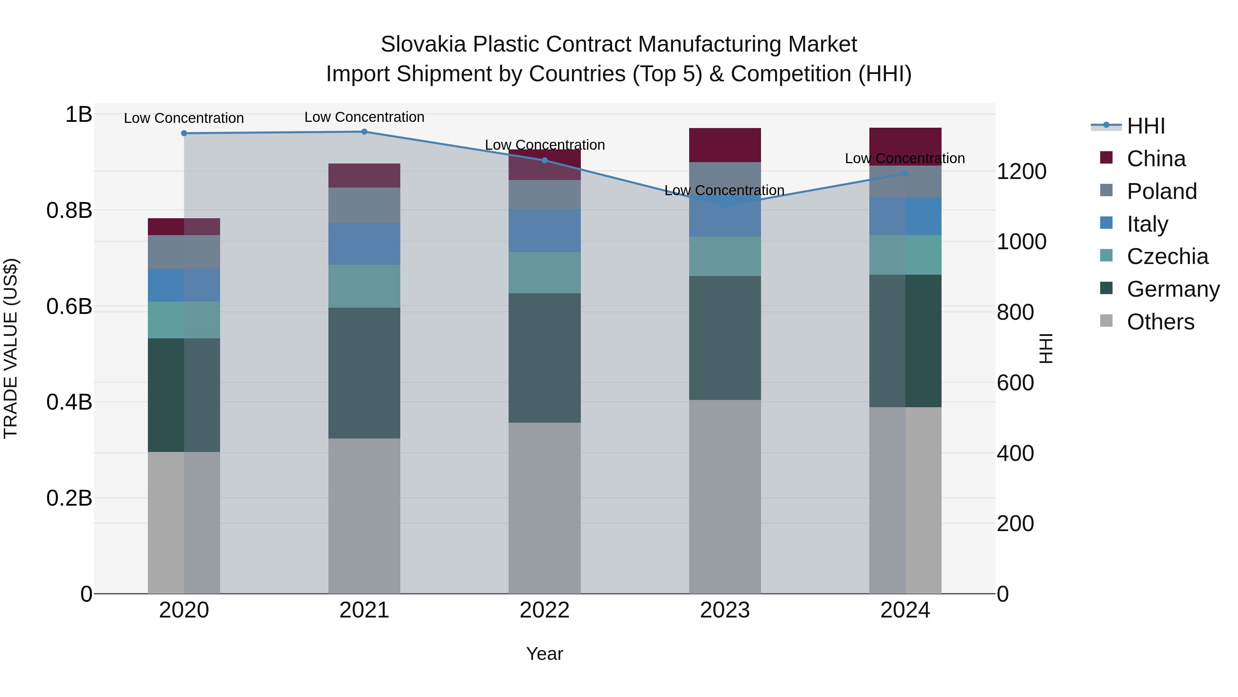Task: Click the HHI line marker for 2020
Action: (x=184, y=133)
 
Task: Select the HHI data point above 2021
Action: (x=364, y=132)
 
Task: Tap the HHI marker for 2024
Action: (x=905, y=174)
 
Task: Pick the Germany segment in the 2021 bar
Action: (x=364, y=373)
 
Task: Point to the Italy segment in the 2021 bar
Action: (x=364, y=244)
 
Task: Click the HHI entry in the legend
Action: (x=1146, y=126)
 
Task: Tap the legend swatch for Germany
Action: (x=1106, y=289)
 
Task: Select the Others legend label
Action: (x=1160, y=322)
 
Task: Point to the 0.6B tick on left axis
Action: (x=69, y=306)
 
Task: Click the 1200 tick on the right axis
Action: (x=1021, y=172)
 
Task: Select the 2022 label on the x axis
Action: (x=544, y=610)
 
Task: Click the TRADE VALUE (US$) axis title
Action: (x=11, y=348)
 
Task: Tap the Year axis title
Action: (x=544, y=654)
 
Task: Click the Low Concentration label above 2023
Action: (x=724, y=190)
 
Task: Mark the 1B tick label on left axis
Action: (x=78, y=115)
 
